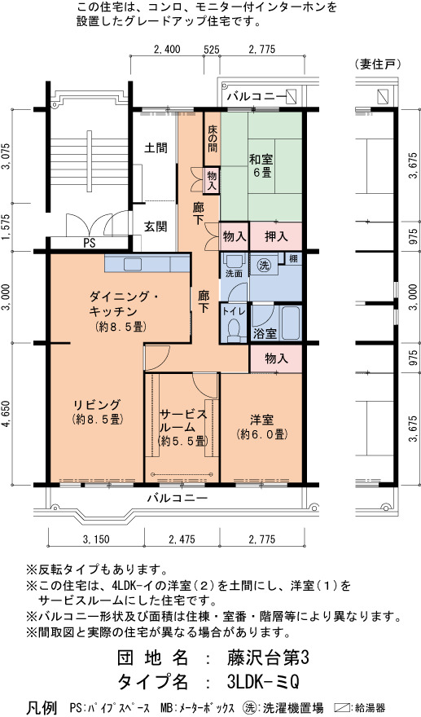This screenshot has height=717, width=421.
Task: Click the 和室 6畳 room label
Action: pos(261,166)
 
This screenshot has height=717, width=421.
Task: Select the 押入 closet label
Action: pos(276,236)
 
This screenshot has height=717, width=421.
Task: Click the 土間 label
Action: pos(156,148)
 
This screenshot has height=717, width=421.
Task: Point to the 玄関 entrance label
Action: pos(156,227)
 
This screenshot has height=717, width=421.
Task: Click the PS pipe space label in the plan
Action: pos(89,244)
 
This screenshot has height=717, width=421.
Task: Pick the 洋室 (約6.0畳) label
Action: pos(262,427)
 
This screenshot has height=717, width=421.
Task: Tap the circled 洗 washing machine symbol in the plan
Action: pos(263,266)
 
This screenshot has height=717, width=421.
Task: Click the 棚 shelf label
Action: pos(293,258)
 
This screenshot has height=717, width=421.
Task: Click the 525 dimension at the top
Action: pos(212,50)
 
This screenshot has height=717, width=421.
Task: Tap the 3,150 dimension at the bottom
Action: pos(96,539)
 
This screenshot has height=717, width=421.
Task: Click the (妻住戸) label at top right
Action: pos(378,64)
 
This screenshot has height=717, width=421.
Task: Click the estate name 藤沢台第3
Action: pos(269,658)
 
